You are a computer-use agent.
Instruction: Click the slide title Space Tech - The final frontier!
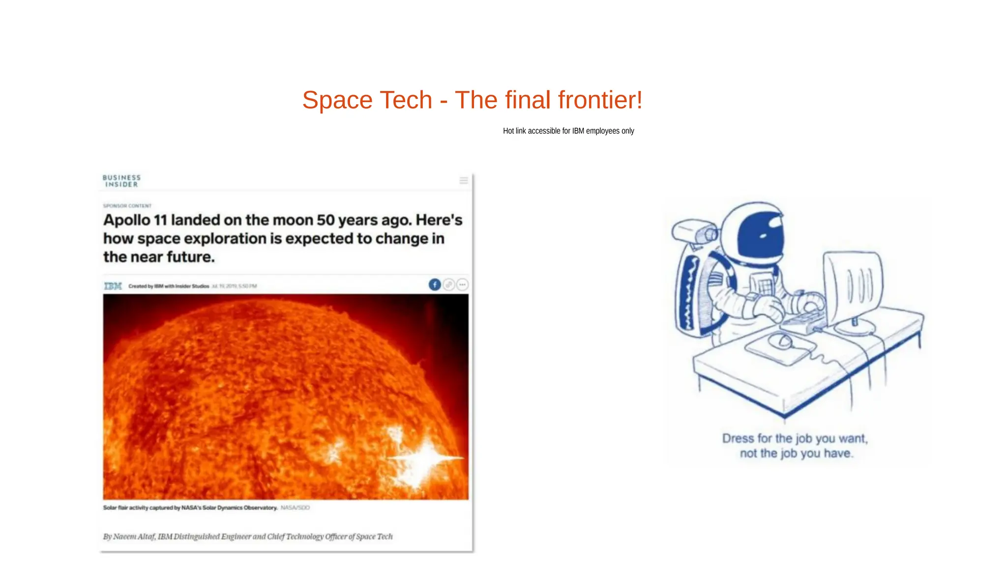click(x=472, y=100)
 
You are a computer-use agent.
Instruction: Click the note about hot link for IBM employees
click(x=568, y=131)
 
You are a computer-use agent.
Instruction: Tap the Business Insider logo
click(x=121, y=181)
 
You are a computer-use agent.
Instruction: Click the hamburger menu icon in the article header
click(x=463, y=181)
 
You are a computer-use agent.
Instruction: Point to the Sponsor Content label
click(x=127, y=206)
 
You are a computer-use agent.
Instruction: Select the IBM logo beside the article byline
click(x=113, y=286)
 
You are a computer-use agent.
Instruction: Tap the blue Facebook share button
click(x=435, y=284)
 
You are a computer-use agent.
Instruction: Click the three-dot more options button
click(x=462, y=284)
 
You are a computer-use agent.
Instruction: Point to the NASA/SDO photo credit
click(x=295, y=508)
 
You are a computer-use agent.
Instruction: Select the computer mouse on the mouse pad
click(x=781, y=340)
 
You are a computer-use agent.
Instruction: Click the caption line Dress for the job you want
click(x=795, y=438)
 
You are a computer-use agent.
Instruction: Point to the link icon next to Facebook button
click(x=448, y=284)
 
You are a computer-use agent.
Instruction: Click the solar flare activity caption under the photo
click(x=190, y=508)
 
